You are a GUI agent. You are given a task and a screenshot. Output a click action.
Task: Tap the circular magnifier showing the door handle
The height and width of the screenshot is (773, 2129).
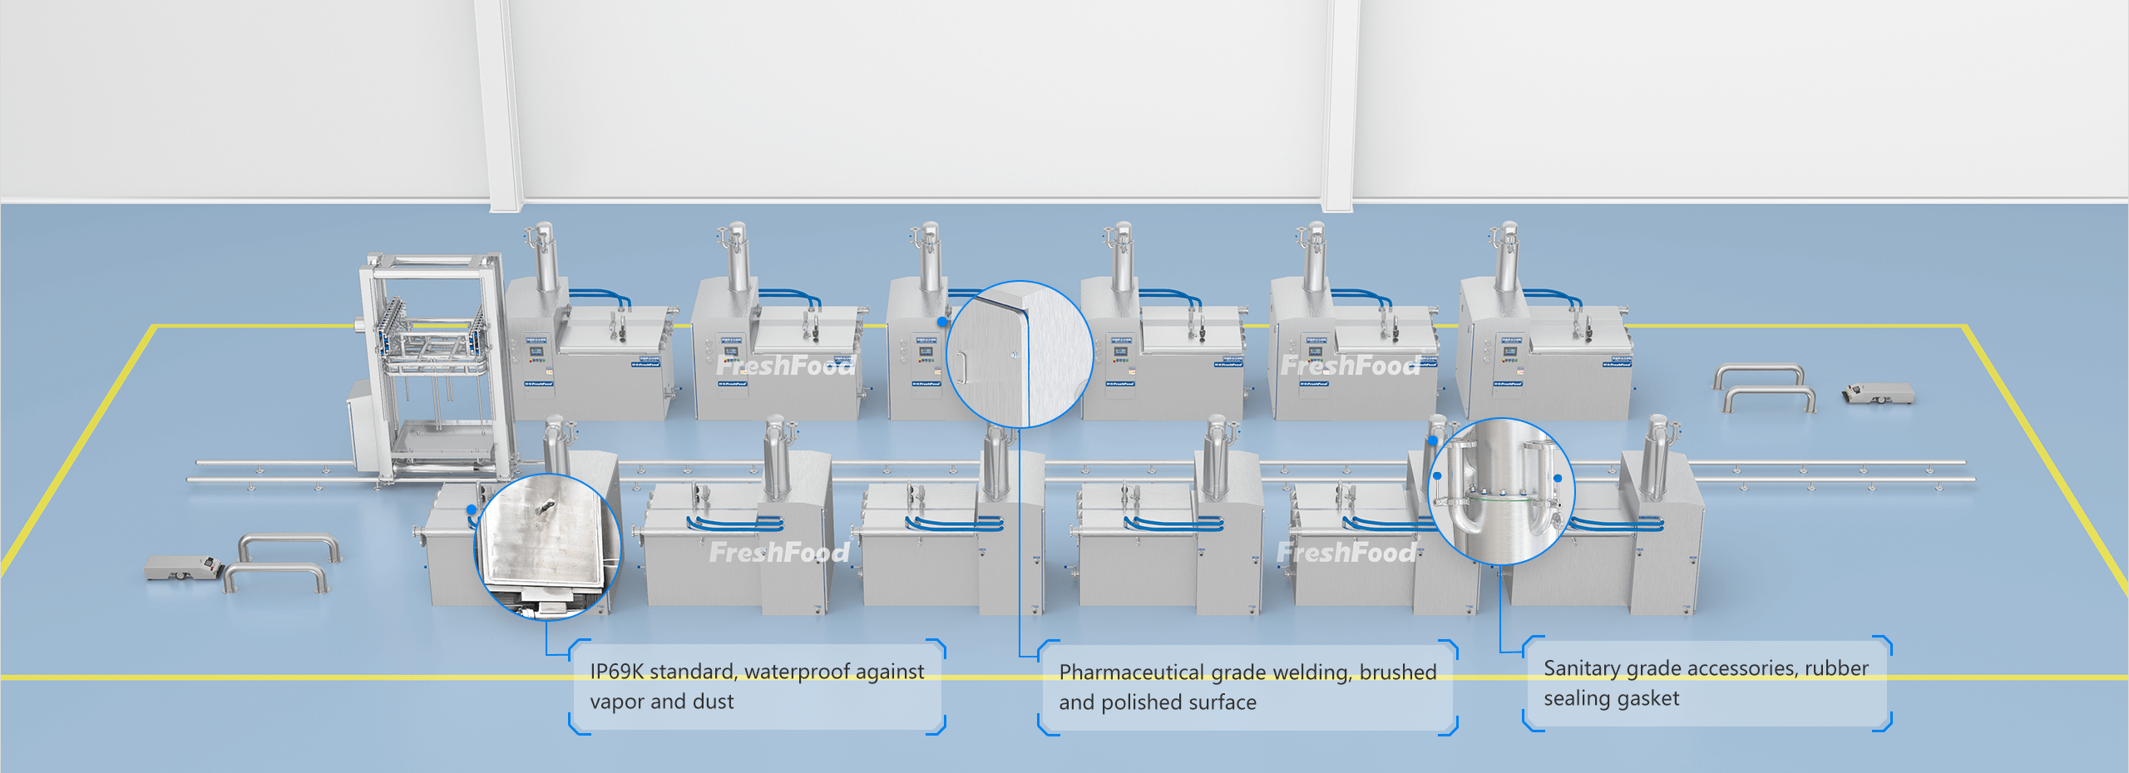[1020, 355]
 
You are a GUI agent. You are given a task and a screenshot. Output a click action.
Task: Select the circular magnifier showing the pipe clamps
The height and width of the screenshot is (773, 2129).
[1501, 491]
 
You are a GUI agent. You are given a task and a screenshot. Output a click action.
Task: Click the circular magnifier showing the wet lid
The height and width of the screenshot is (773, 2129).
[547, 547]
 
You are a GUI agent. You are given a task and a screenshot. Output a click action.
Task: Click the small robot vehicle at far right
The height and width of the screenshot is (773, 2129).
[1879, 392]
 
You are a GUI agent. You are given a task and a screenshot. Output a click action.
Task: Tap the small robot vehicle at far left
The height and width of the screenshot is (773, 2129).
[181, 568]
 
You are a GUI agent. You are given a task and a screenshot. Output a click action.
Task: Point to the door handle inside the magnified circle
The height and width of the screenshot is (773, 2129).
[960, 366]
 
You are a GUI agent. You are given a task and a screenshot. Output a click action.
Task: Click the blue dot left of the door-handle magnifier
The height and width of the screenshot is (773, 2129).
[942, 322]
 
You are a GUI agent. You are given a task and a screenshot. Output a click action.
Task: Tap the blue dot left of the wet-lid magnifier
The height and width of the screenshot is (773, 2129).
[472, 510]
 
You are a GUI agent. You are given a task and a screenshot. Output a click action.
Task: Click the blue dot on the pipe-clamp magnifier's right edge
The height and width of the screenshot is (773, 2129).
[1558, 479]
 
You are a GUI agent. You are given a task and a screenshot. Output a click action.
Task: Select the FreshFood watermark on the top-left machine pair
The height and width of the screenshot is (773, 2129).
[784, 365]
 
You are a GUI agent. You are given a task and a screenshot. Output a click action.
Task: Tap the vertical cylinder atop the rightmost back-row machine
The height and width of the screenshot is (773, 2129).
[1506, 258]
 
